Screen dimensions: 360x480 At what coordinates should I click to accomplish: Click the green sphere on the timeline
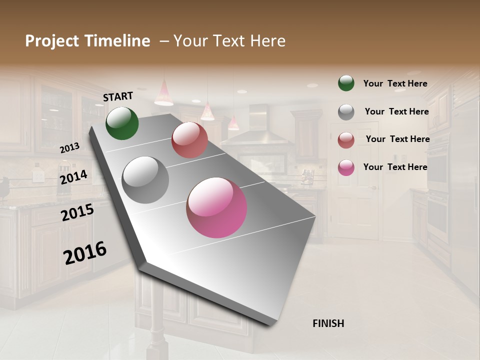[122, 123]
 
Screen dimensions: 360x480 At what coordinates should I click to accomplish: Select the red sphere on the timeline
[189, 140]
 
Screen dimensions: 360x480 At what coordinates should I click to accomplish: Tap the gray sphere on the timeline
[145, 180]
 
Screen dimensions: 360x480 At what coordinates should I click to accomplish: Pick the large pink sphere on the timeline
[216, 207]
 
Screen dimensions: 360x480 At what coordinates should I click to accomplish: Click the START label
[118, 96]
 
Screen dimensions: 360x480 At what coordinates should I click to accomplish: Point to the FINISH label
[328, 323]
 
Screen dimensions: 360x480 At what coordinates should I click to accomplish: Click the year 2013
[70, 148]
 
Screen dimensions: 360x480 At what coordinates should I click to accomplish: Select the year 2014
[74, 177]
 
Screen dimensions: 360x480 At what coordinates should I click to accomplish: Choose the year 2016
[85, 253]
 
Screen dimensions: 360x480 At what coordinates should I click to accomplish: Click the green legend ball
[346, 83]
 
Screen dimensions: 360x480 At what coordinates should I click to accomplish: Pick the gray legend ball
[346, 112]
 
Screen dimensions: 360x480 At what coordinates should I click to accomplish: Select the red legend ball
[346, 140]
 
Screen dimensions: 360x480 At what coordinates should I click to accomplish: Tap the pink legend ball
[346, 167]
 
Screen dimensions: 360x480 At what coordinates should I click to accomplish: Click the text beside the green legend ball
[395, 84]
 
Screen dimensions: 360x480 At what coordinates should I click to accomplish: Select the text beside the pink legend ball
[395, 167]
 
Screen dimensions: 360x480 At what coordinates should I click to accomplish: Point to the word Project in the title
[52, 41]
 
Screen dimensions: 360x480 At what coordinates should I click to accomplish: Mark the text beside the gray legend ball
[397, 111]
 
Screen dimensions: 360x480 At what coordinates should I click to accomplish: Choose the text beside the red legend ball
[398, 139]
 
